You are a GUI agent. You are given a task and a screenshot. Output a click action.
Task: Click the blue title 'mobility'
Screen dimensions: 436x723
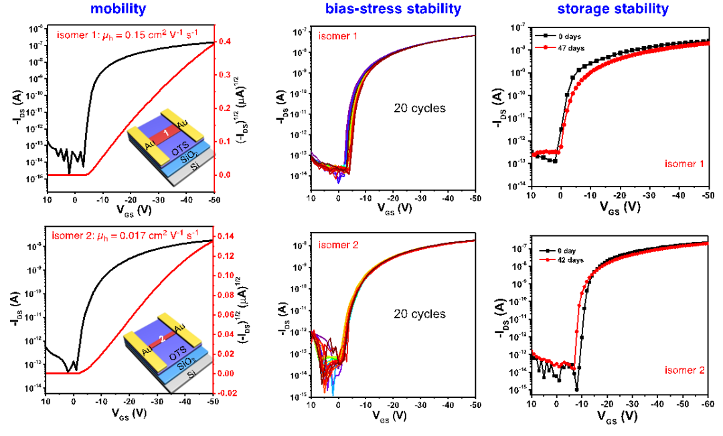click(x=118, y=9)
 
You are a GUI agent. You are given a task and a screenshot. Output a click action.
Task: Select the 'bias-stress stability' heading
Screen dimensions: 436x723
click(x=393, y=9)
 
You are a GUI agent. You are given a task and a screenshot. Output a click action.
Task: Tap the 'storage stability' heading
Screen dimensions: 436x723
click(x=613, y=9)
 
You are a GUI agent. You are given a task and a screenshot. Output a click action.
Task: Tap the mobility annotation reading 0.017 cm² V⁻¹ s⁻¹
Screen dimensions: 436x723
click(x=125, y=235)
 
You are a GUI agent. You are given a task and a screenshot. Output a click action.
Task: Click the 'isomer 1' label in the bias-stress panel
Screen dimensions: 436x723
click(x=338, y=36)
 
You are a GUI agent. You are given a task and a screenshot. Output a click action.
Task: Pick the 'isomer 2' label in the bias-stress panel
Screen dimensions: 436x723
click(x=338, y=245)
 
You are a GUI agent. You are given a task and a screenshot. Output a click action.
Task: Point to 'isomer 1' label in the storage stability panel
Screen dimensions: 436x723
click(x=684, y=163)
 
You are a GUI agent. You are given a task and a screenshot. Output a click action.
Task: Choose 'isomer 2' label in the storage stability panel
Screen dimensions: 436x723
click(x=684, y=370)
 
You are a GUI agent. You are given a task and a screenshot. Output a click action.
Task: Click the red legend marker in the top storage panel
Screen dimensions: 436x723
click(x=546, y=47)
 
